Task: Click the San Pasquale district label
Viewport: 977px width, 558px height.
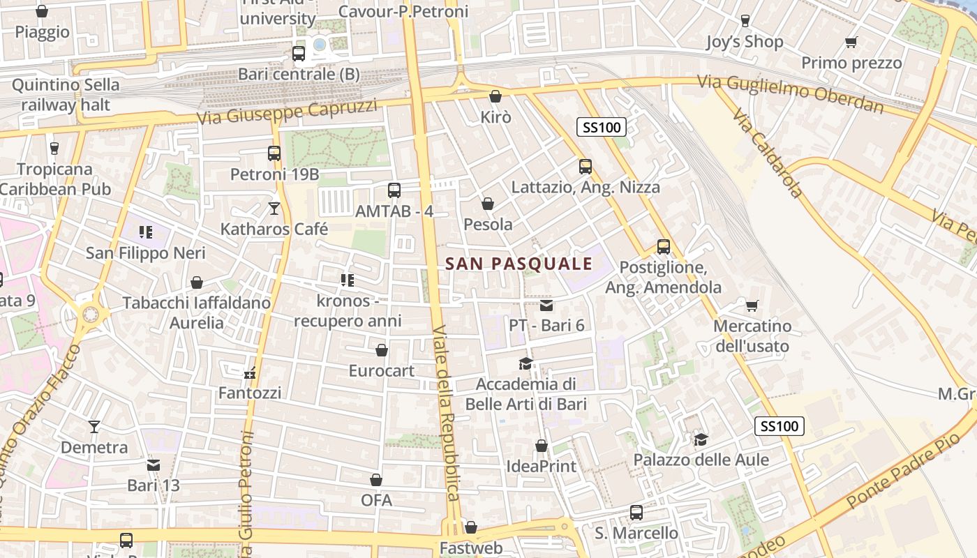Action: pyautogui.click(x=519, y=264)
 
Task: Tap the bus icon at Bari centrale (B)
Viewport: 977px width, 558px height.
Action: pyautogui.click(x=299, y=53)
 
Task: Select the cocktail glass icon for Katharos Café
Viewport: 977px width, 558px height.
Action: pyautogui.click(x=274, y=208)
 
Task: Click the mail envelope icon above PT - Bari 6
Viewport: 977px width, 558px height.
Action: pyautogui.click(x=546, y=305)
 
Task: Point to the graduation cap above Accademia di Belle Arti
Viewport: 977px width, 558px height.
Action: pyautogui.click(x=525, y=363)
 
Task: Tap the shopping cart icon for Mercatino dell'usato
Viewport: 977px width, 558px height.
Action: pyautogui.click(x=752, y=306)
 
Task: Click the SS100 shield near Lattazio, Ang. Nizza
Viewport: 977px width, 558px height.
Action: pyautogui.click(x=602, y=127)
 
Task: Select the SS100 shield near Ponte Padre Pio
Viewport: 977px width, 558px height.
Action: pyautogui.click(x=780, y=426)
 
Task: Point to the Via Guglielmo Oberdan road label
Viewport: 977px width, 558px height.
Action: pyautogui.click(x=790, y=93)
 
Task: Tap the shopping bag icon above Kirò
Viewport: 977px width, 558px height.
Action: pyautogui.click(x=495, y=96)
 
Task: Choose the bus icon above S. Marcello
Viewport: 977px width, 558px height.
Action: pyautogui.click(x=636, y=513)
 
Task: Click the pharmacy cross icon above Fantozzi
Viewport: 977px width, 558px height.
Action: pyautogui.click(x=250, y=373)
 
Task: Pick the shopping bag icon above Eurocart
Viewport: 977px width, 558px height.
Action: pyautogui.click(x=382, y=349)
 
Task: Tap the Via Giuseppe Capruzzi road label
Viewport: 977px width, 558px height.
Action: pyautogui.click(x=287, y=112)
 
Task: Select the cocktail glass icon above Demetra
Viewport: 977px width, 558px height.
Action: pyautogui.click(x=94, y=426)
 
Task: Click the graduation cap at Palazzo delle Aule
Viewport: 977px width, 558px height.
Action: pyautogui.click(x=701, y=439)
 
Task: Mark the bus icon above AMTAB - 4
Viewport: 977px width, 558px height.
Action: pyautogui.click(x=394, y=190)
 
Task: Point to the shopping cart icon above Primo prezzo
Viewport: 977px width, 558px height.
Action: pyautogui.click(x=851, y=43)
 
